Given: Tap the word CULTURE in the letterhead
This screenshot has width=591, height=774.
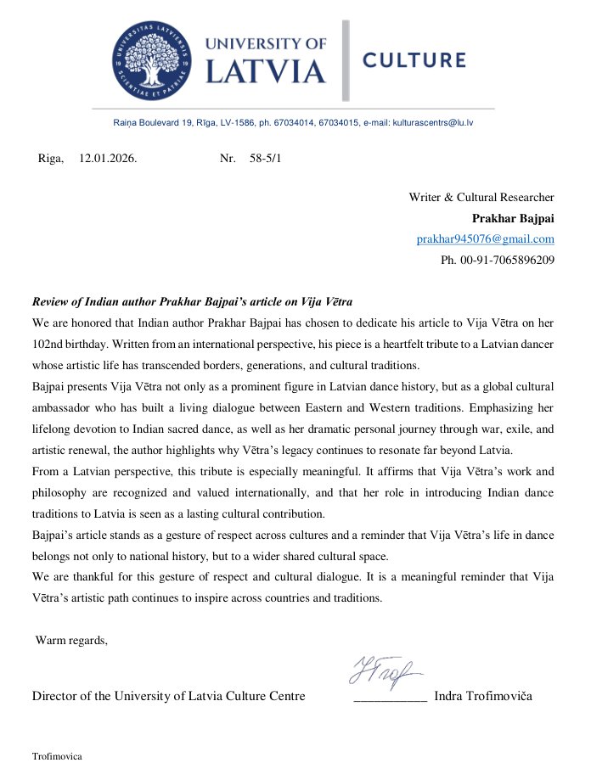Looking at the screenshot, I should [414, 60].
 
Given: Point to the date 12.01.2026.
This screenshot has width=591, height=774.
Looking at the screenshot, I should [108, 159].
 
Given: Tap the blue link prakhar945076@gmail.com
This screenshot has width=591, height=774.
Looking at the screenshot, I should [485, 239].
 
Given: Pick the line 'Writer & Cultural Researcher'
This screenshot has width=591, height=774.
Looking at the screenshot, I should [481, 198].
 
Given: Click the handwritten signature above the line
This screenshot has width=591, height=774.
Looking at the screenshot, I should [386, 672].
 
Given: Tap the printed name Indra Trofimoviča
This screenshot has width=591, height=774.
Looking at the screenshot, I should [482, 697].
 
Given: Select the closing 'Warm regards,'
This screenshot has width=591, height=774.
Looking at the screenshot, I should [71, 640].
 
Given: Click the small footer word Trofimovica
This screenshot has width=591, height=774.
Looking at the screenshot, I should [57, 755].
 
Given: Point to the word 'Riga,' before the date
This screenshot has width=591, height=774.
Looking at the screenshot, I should [51, 159].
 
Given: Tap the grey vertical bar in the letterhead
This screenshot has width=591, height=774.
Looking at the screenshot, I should [346, 60].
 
